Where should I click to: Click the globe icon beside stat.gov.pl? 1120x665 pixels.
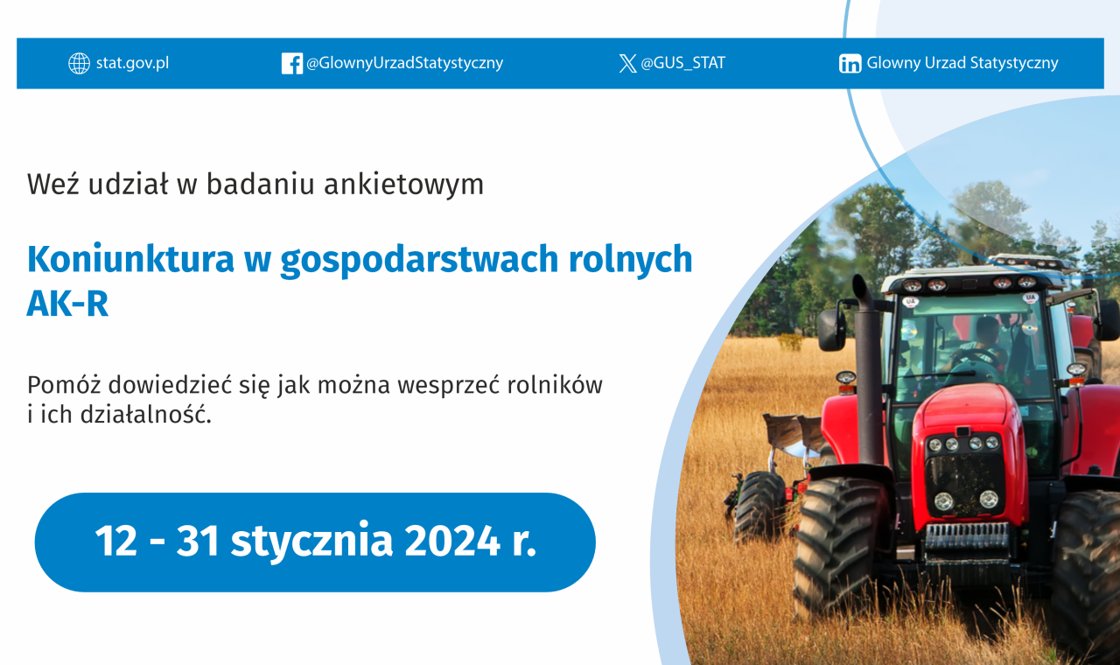click(x=79, y=64)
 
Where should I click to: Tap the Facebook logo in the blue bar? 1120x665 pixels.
click(x=292, y=64)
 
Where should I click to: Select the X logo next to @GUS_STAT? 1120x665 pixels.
click(x=627, y=64)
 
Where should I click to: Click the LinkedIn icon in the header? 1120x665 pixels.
click(x=850, y=64)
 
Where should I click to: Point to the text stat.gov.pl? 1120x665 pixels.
click(x=132, y=64)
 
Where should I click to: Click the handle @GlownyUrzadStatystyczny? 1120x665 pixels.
click(x=404, y=63)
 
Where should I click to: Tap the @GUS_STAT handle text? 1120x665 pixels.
click(x=683, y=63)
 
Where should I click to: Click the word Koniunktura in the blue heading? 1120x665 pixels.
click(x=130, y=259)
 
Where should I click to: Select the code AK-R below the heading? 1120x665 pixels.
click(x=67, y=304)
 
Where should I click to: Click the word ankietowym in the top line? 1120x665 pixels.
click(x=404, y=184)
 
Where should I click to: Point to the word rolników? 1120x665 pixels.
click(x=555, y=385)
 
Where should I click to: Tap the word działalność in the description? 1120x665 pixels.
click(x=146, y=415)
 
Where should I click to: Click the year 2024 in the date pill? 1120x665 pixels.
click(x=452, y=541)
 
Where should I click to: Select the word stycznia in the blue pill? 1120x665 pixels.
click(x=311, y=542)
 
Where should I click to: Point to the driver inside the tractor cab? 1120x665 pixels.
click(x=982, y=344)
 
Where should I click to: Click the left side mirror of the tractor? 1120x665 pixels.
click(x=831, y=329)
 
